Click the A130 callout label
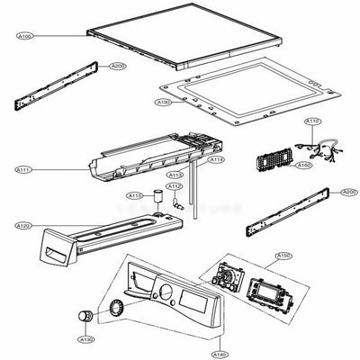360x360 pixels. pos(86,339)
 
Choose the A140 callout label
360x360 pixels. pos(220,342)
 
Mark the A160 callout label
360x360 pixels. pos(303,166)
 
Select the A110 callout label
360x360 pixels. pos(313,121)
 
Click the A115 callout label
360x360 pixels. pos(133,194)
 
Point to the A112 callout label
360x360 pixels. pos(176,186)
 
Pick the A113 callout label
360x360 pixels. pos(176,174)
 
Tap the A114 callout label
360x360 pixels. pos(216,159)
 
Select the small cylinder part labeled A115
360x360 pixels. pos(157,198)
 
